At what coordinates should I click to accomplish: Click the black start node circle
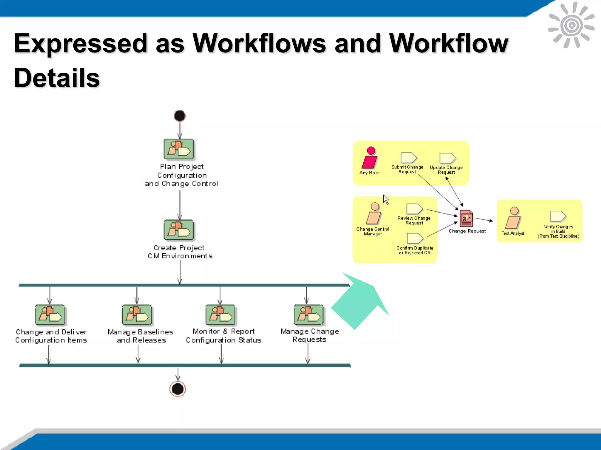click(x=180, y=116)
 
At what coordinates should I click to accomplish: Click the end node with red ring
click(x=178, y=389)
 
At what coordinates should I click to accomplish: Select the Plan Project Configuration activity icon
click(x=179, y=149)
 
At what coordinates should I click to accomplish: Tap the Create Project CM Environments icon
click(x=179, y=230)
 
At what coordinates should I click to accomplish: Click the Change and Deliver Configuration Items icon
click(x=50, y=315)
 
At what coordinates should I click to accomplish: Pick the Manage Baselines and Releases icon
click(x=137, y=315)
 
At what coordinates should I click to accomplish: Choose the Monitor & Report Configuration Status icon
click(x=220, y=315)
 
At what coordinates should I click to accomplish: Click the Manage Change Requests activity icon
click(x=309, y=315)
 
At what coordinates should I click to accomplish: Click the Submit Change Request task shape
click(x=408, y=158)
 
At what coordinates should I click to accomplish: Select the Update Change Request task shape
click(x=447, y=158)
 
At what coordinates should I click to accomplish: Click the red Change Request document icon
click(x=466, y=219)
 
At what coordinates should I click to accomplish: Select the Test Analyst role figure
click(x=513, y=218)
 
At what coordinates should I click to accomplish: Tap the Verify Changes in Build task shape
click(x=558, y=216)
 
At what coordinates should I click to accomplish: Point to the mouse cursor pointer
click(x=386, y=200)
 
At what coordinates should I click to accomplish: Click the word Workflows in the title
click(x=259, y=43)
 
